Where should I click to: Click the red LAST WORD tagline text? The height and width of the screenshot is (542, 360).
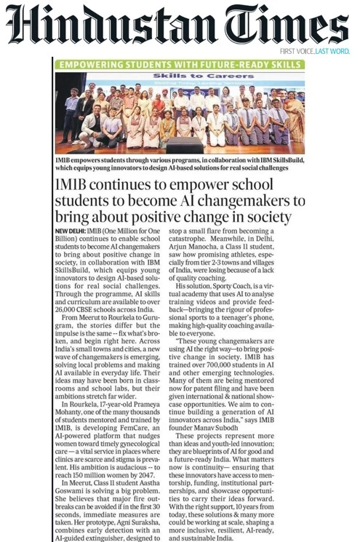click(x=332, y=52)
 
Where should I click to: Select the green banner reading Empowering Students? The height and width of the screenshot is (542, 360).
click(x=180, y=65)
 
